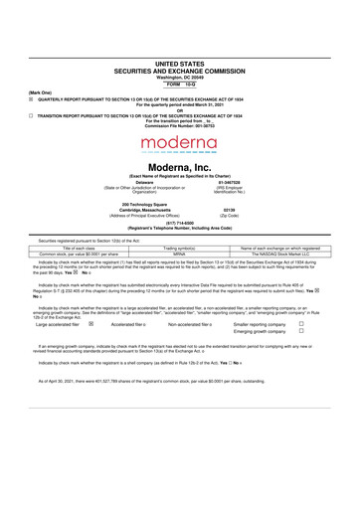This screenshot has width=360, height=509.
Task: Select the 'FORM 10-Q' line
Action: pyautogui.click(x=180, y=84)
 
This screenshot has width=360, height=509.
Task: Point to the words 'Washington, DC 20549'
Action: pyautogui.click(x=180, y=77)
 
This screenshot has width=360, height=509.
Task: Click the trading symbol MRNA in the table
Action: pyautogui.click(x=181, y=254)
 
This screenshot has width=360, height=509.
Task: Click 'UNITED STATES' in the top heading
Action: pyautogui.click(x=180, y=63)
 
